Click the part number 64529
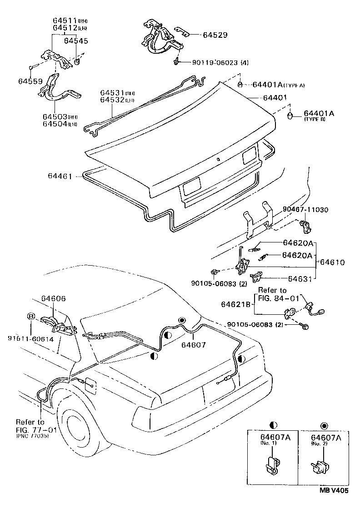[215, 35]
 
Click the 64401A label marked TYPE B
[319, 113]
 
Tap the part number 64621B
[236, 304]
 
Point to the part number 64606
[53, 298]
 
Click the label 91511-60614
[30, 338]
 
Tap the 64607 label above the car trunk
[194, 345]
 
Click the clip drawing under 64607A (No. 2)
[320, 467]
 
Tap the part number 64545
[76, 40]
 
